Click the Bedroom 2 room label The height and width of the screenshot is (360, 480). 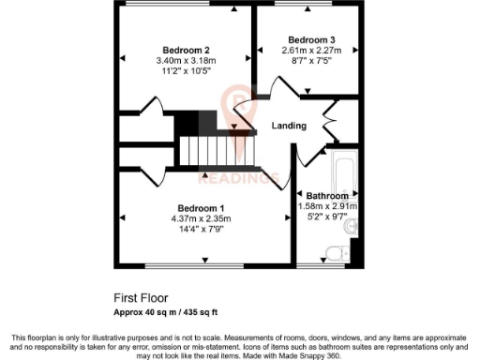tap(186, 50)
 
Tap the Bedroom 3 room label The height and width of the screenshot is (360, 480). tap(311, 39)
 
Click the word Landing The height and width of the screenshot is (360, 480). tap(290, 126)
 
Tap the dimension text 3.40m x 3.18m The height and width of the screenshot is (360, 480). tap(186, 61)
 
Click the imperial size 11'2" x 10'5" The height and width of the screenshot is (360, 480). tap(186, 71)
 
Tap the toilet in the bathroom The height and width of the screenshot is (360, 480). tap(333, 250)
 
